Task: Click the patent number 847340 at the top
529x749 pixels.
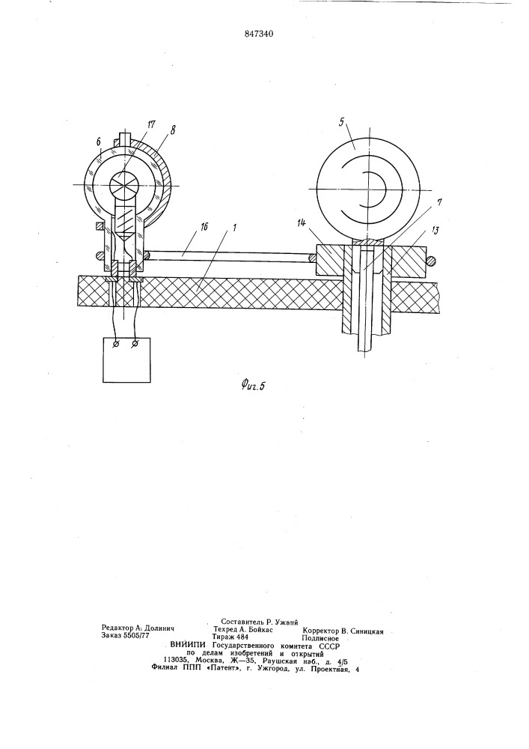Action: [260, 34]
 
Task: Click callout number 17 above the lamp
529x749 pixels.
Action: [151, 125]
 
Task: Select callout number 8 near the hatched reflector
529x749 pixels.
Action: [172, 129]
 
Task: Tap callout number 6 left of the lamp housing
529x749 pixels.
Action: [98, 142]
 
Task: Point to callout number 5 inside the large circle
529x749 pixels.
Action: [341, 122]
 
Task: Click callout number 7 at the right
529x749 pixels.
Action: [438, 202]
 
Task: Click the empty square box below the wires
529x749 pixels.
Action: [127, 360]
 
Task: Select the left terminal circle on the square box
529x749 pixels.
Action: [114, 344]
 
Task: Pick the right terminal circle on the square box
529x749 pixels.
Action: [135, 343]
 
